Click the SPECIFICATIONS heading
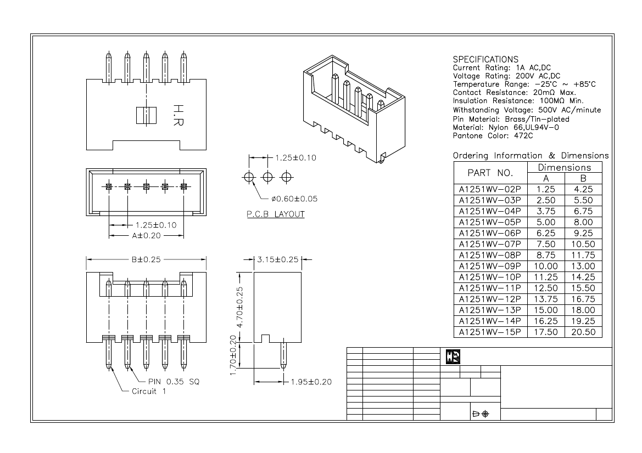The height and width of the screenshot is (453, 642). tap(485, 59)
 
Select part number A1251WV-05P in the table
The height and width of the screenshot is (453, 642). tap(490, 222)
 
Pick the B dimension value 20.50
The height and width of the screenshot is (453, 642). tap(583, 332)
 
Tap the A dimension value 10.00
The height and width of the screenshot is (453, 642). tap(546, 266)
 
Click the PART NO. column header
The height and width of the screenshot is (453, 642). tap(490, 173)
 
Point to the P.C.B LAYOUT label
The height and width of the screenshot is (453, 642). tap(275, 214)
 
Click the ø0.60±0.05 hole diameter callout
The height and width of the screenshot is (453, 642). tap(294, 199)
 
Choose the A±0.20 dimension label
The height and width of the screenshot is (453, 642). tap(146, 235)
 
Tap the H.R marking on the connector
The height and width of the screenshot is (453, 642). tap(177, 115)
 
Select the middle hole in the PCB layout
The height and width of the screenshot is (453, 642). tap(267, 177)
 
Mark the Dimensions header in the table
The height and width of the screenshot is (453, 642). tap(565, 167)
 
